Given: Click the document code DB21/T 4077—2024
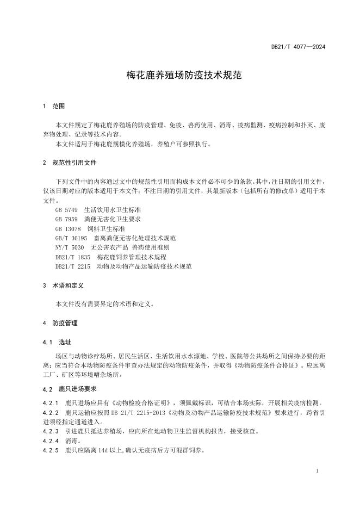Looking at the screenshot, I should point(298,47).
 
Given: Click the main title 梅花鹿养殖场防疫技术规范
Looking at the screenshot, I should point(180,76).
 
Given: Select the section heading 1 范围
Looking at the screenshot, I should point(54,106).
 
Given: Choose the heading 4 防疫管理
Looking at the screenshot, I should point(60,323).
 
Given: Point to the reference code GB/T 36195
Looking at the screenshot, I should point(71,238).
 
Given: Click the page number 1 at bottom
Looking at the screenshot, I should point(317,471).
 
